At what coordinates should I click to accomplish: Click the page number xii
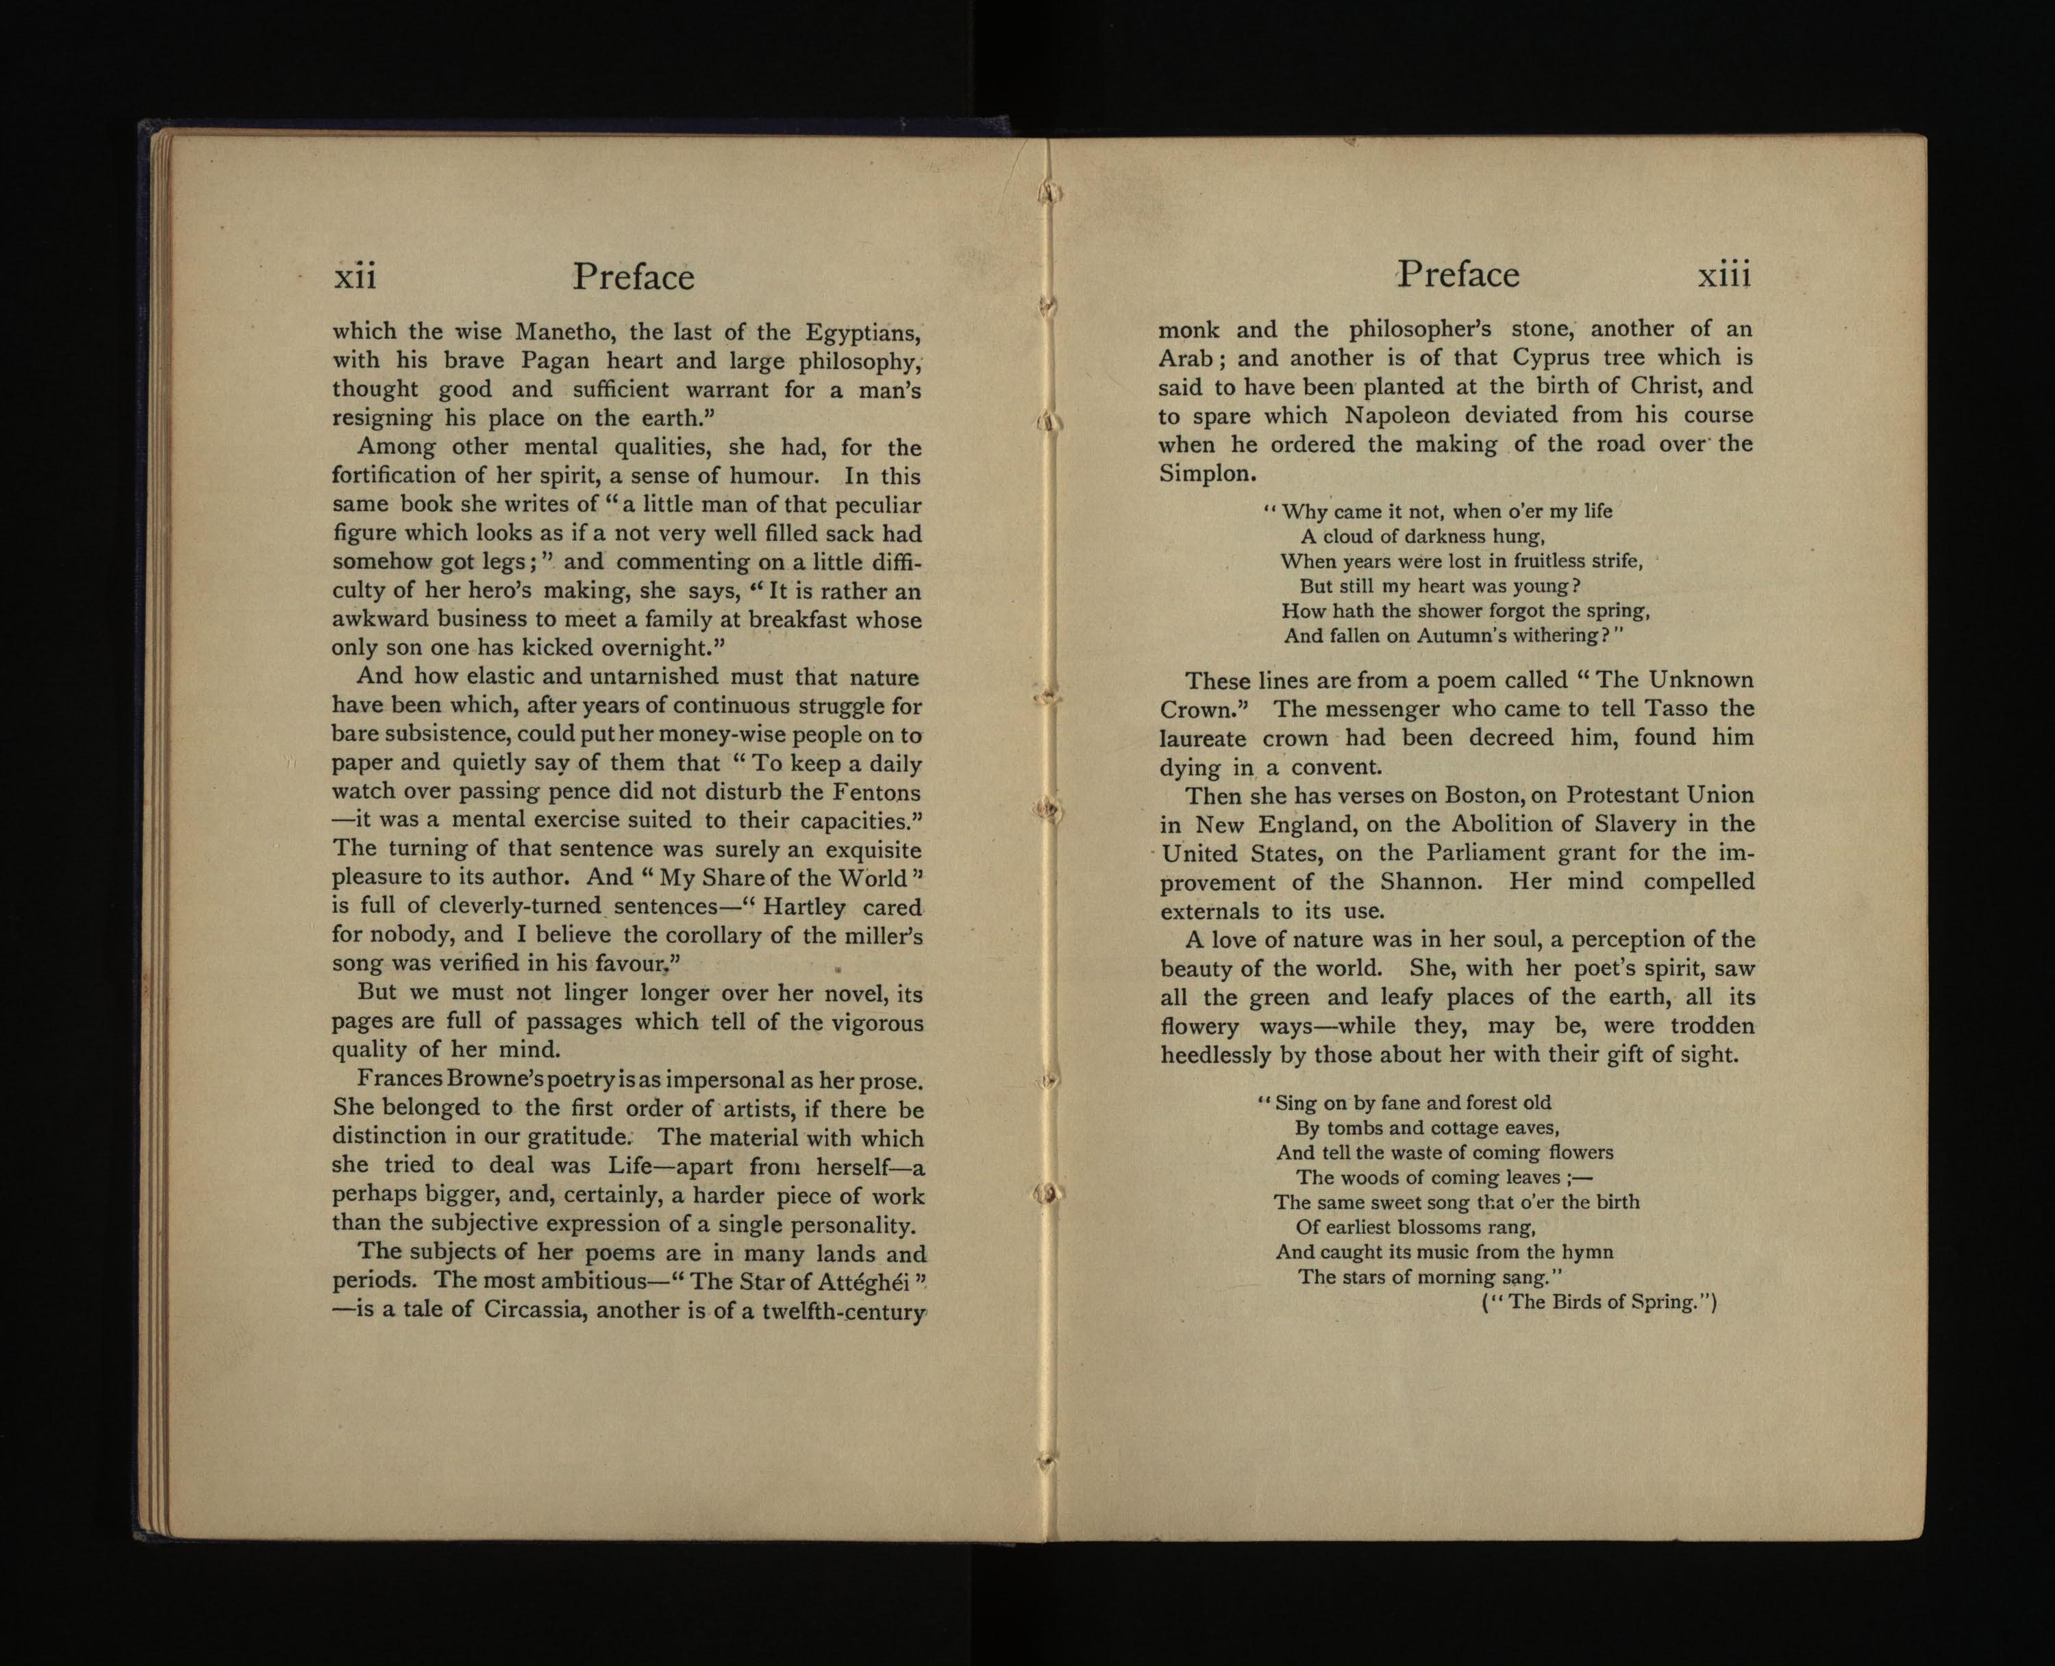point(354,277)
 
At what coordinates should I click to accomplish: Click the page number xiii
point(1724,275)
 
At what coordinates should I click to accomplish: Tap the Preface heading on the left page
point(634,277)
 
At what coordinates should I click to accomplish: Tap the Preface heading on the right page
point(1458,275)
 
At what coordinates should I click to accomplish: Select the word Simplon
point(1206,473)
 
